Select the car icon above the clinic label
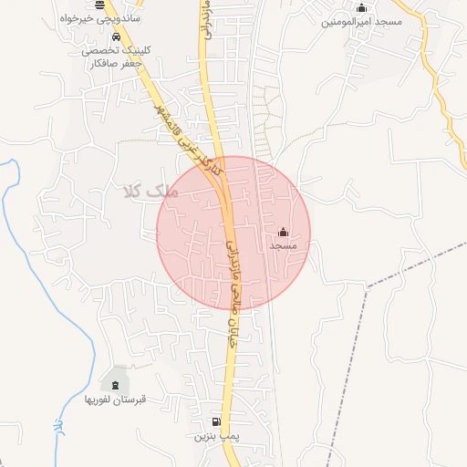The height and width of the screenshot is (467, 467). pos(116,37)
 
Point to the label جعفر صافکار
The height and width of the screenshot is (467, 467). pos(114,64)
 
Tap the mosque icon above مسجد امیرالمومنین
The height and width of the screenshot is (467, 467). pos(361,8)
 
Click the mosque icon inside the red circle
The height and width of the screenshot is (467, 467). pos(282,232)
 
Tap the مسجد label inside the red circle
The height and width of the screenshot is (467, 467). pos(283,246)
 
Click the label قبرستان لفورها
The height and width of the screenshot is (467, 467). pos(116,400)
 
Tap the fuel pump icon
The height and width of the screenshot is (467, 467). pos(216,421)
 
